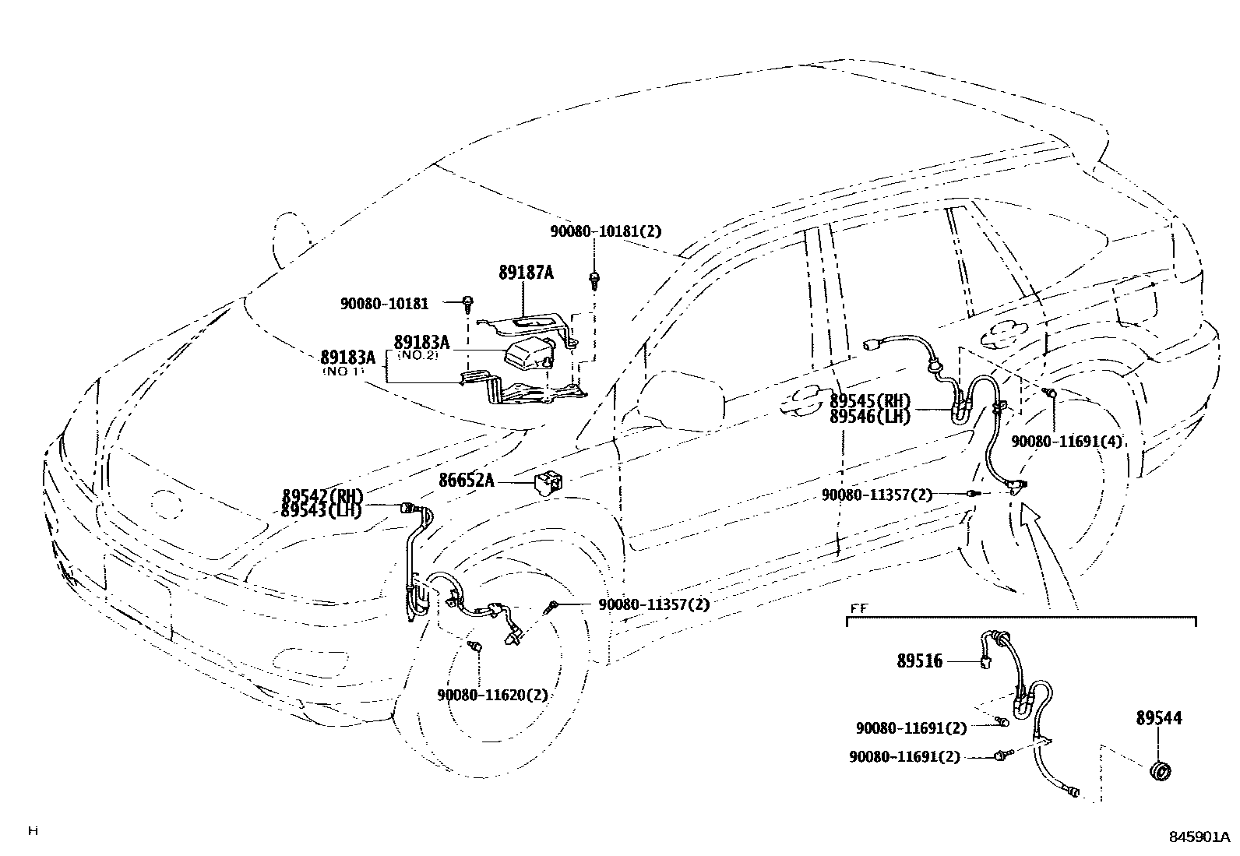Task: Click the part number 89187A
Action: click(x=526, y=273)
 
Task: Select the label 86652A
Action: click(x=466, y=481)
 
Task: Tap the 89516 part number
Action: click(x=920, y=661)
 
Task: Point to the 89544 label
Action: click(x=1158, y=718)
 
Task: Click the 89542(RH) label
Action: click(x=322, y=496)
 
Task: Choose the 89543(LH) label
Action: click(x=322, y=511)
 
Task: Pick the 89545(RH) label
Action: click(x=870, y=401)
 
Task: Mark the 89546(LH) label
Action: click(x=870, y=416)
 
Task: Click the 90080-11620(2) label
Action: click(x=492, y=695)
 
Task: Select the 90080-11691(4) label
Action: click(x=1067, y=441)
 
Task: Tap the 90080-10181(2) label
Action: click(x=605, y=231)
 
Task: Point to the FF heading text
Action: click(x=858, y=609)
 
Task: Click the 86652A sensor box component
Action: click(x=549, y=482)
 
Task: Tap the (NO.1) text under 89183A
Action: click(x=343, y=372)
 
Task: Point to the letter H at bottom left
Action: click(x=33, y=831)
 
